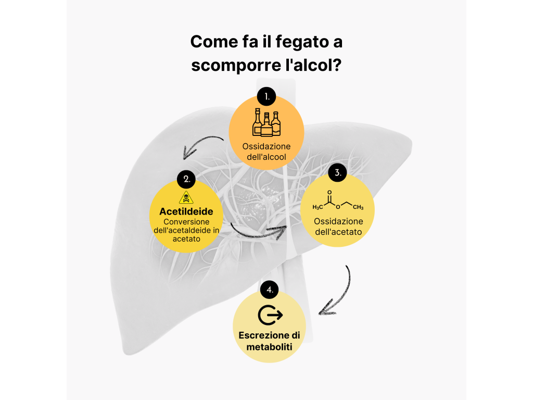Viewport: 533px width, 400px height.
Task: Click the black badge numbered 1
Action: click(x=266, y=96)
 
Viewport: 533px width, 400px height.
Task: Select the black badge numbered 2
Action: click(x=186, y=179)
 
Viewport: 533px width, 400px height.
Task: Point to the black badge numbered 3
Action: click(x=337, y=172)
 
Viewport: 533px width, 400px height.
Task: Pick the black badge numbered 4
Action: click(x=269, y=290)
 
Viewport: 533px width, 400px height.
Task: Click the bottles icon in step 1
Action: click(x=266, y=122)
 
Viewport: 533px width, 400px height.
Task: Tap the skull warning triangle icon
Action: click(x=186, y=197)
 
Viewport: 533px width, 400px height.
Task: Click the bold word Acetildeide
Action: click(x=186, y=211)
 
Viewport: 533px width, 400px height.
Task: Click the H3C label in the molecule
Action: click(x=318, y=207)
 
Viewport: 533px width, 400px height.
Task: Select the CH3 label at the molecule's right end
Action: click(x=358, y=207)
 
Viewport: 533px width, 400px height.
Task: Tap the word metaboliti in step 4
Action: click(x=269, y=347)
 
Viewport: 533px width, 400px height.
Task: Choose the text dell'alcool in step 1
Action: click(x=266, y=157)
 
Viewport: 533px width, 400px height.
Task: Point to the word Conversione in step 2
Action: click(x=186, y=222)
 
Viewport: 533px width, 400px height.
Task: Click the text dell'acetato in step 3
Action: click(x=338, y=232)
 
